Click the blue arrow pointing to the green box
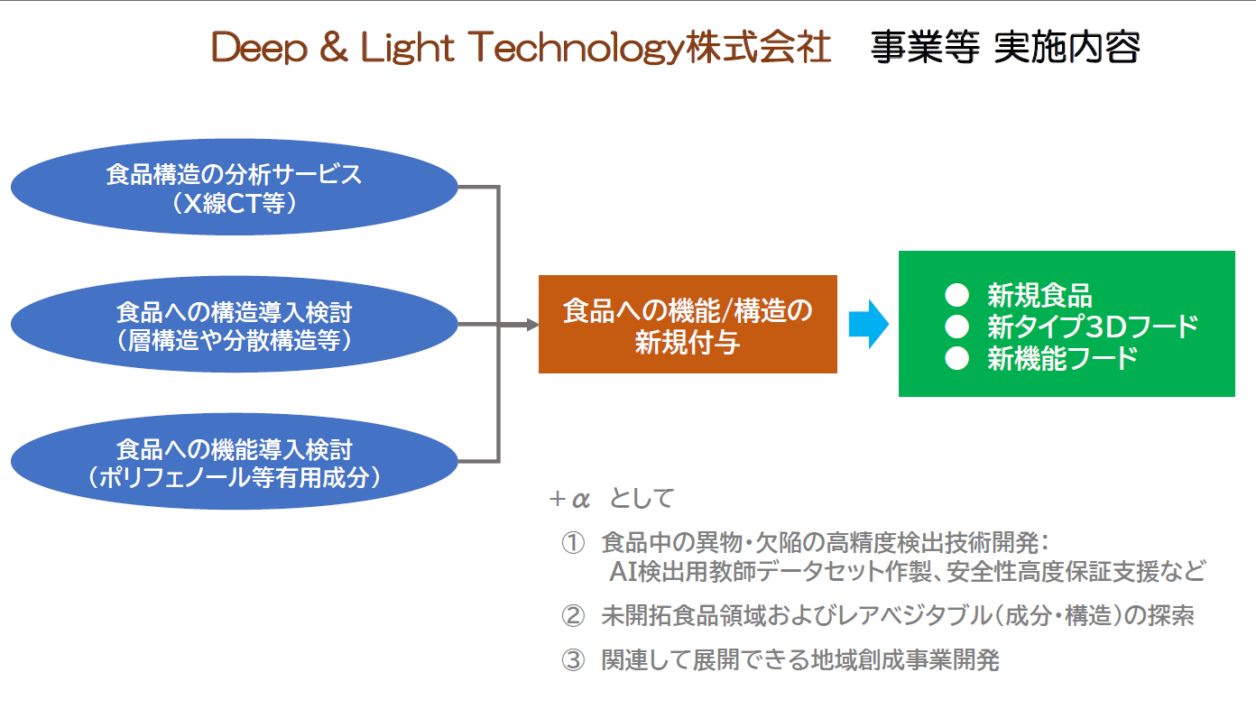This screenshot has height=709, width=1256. click(868, 325)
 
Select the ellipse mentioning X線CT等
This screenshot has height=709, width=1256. click(235, 187)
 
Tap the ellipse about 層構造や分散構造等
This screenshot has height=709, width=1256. click(235, 325)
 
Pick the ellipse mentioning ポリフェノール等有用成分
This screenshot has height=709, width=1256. click(235, 462)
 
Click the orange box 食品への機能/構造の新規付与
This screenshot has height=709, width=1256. click(688, 325)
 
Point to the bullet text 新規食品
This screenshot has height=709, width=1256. click(1039, 295)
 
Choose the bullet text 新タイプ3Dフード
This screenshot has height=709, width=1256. click(1092, 326)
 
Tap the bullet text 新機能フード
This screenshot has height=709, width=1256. click(1062, 358)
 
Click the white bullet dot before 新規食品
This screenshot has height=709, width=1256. click(956, 295)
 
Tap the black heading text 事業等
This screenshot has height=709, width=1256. click(925, 48)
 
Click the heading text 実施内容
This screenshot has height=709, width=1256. click(1067, 48)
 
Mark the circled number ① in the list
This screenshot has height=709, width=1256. click(574, 543)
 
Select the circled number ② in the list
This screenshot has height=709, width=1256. click(574, 616)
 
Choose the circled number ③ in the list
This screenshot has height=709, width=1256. click(574, 660)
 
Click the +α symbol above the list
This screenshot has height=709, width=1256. click(568, 499)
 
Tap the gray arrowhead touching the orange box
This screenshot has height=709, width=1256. click(532, 325)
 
